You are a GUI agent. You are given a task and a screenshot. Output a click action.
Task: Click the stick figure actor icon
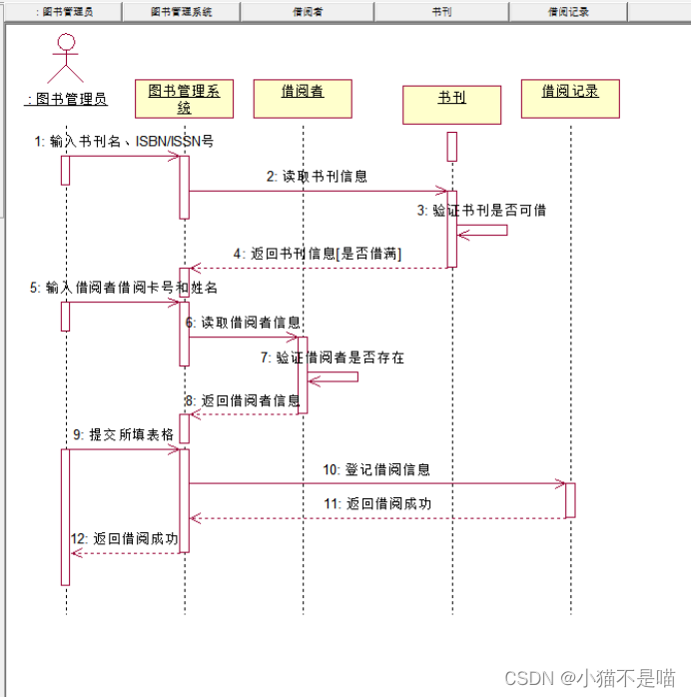66,58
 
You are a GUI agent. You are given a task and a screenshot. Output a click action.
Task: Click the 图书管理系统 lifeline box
184,100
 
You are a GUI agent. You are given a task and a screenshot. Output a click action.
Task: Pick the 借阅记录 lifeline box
570,98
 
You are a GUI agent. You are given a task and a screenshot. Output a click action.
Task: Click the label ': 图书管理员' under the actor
67,99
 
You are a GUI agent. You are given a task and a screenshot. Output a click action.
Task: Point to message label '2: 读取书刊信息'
317,176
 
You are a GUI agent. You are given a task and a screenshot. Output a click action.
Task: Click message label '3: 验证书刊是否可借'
481,211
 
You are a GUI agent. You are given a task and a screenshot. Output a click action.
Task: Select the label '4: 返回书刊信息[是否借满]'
318,255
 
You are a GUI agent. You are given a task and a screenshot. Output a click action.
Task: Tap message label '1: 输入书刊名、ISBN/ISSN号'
124,142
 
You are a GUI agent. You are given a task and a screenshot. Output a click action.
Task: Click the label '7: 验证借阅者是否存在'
333,356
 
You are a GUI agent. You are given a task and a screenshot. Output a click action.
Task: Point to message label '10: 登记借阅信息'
375,469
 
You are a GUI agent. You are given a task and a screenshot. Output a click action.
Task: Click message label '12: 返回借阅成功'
124,539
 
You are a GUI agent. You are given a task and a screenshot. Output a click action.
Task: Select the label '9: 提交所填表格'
124,434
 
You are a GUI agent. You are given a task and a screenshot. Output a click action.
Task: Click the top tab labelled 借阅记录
567,12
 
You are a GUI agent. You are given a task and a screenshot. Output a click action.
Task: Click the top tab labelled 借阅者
307,12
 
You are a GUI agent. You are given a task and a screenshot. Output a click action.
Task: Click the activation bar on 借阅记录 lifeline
570,499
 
